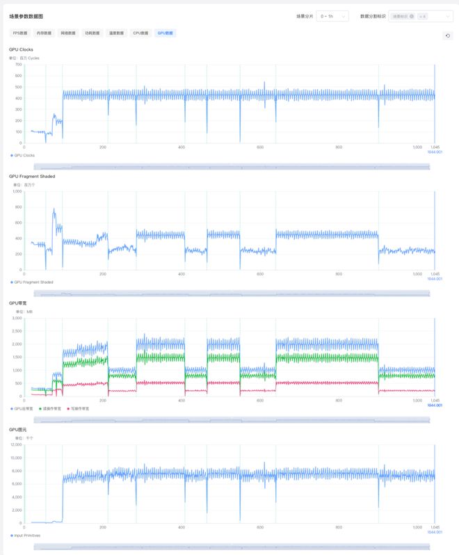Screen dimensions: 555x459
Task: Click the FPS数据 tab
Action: click(x=20, y=33)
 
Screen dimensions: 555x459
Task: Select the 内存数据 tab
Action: click(x=44, y=33)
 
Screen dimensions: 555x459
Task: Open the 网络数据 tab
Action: click(x=68, y=33)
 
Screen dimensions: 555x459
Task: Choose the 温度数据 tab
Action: click(x=116, y=33)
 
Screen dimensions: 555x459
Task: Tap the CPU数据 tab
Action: click(x=140, y=33)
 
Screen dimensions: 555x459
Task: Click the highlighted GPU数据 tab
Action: click(x=166, y=33)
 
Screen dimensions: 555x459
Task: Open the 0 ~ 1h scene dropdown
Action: click(x=332, y=16)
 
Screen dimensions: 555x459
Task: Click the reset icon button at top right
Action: click(x=448, y=35)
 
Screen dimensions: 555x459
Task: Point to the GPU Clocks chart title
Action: click(x=21, y=49)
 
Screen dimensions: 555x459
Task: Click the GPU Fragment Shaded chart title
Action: click(x=32, y=176)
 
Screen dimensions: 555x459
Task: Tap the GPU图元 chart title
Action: click(x=18, y=430)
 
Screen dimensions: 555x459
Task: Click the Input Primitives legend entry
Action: click(x=26, y=535)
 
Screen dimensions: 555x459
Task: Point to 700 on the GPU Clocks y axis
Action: click(x=18, y=65)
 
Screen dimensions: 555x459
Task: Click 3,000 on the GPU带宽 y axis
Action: click(x=17, y=318)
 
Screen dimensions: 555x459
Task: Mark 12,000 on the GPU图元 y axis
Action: click(x=15, y=444)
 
